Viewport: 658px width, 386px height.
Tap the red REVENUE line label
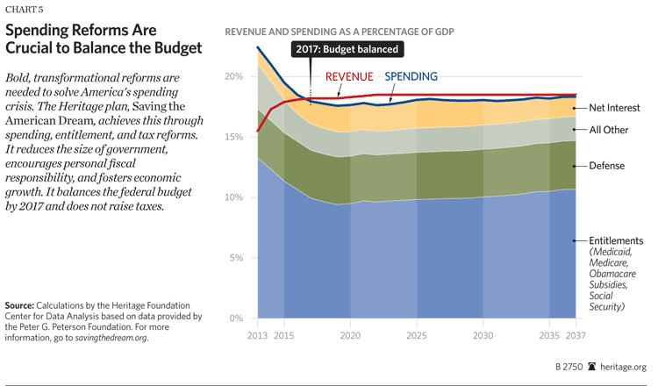(x=349, y=75)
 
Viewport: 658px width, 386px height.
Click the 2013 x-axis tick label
(x=258, y=335)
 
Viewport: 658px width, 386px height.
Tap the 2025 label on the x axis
(x=417, y=335)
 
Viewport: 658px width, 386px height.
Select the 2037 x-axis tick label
(x=576, y=335)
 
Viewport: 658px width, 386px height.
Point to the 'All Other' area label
(x=608, y=130)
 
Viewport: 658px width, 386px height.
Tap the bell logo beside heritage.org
(x=591, y=367)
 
